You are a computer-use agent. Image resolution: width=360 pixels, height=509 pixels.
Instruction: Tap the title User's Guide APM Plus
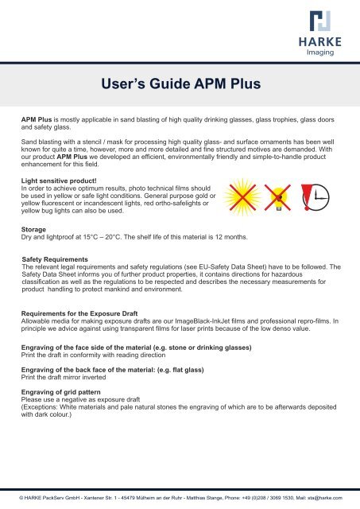tap(180, 82)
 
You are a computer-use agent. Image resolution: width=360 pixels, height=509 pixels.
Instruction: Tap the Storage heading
tap(36, 229)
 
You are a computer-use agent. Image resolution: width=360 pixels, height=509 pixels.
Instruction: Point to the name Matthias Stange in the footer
tap(208, 497)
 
